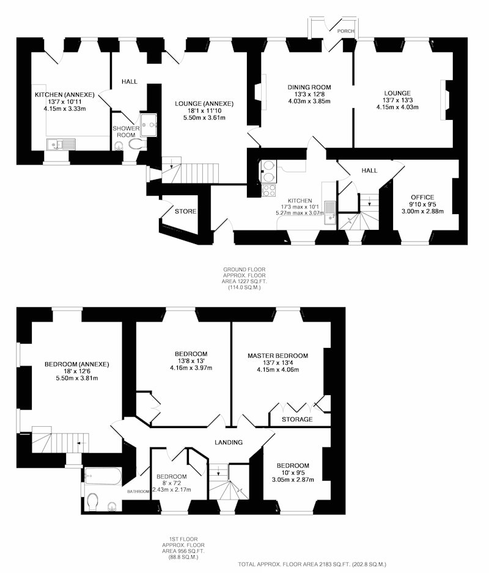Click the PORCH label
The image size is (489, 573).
tap(345, 31)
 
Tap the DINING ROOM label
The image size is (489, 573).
tap(309, 87)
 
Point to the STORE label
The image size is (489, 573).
tap(186, 211)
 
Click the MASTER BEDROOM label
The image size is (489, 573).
tap(278, 355)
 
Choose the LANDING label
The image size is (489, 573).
tap(229, 442)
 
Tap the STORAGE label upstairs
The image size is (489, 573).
tap(297, 419)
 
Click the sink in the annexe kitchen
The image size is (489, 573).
tap(61, 144)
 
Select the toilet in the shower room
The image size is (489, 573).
tap(134, 144)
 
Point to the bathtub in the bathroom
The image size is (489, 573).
tap(102, 476)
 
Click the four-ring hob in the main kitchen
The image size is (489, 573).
tap(270, 190)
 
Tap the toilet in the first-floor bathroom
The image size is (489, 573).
tap(93, 502)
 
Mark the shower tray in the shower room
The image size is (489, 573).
tap(149, 125)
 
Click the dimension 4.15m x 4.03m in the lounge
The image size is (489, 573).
tap(397, 107)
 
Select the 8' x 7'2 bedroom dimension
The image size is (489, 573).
tap(172, 483)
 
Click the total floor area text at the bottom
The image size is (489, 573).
tap(312, 564)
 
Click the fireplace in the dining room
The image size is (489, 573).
tap(263, 92)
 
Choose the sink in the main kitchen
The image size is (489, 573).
tap(331, 212)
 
